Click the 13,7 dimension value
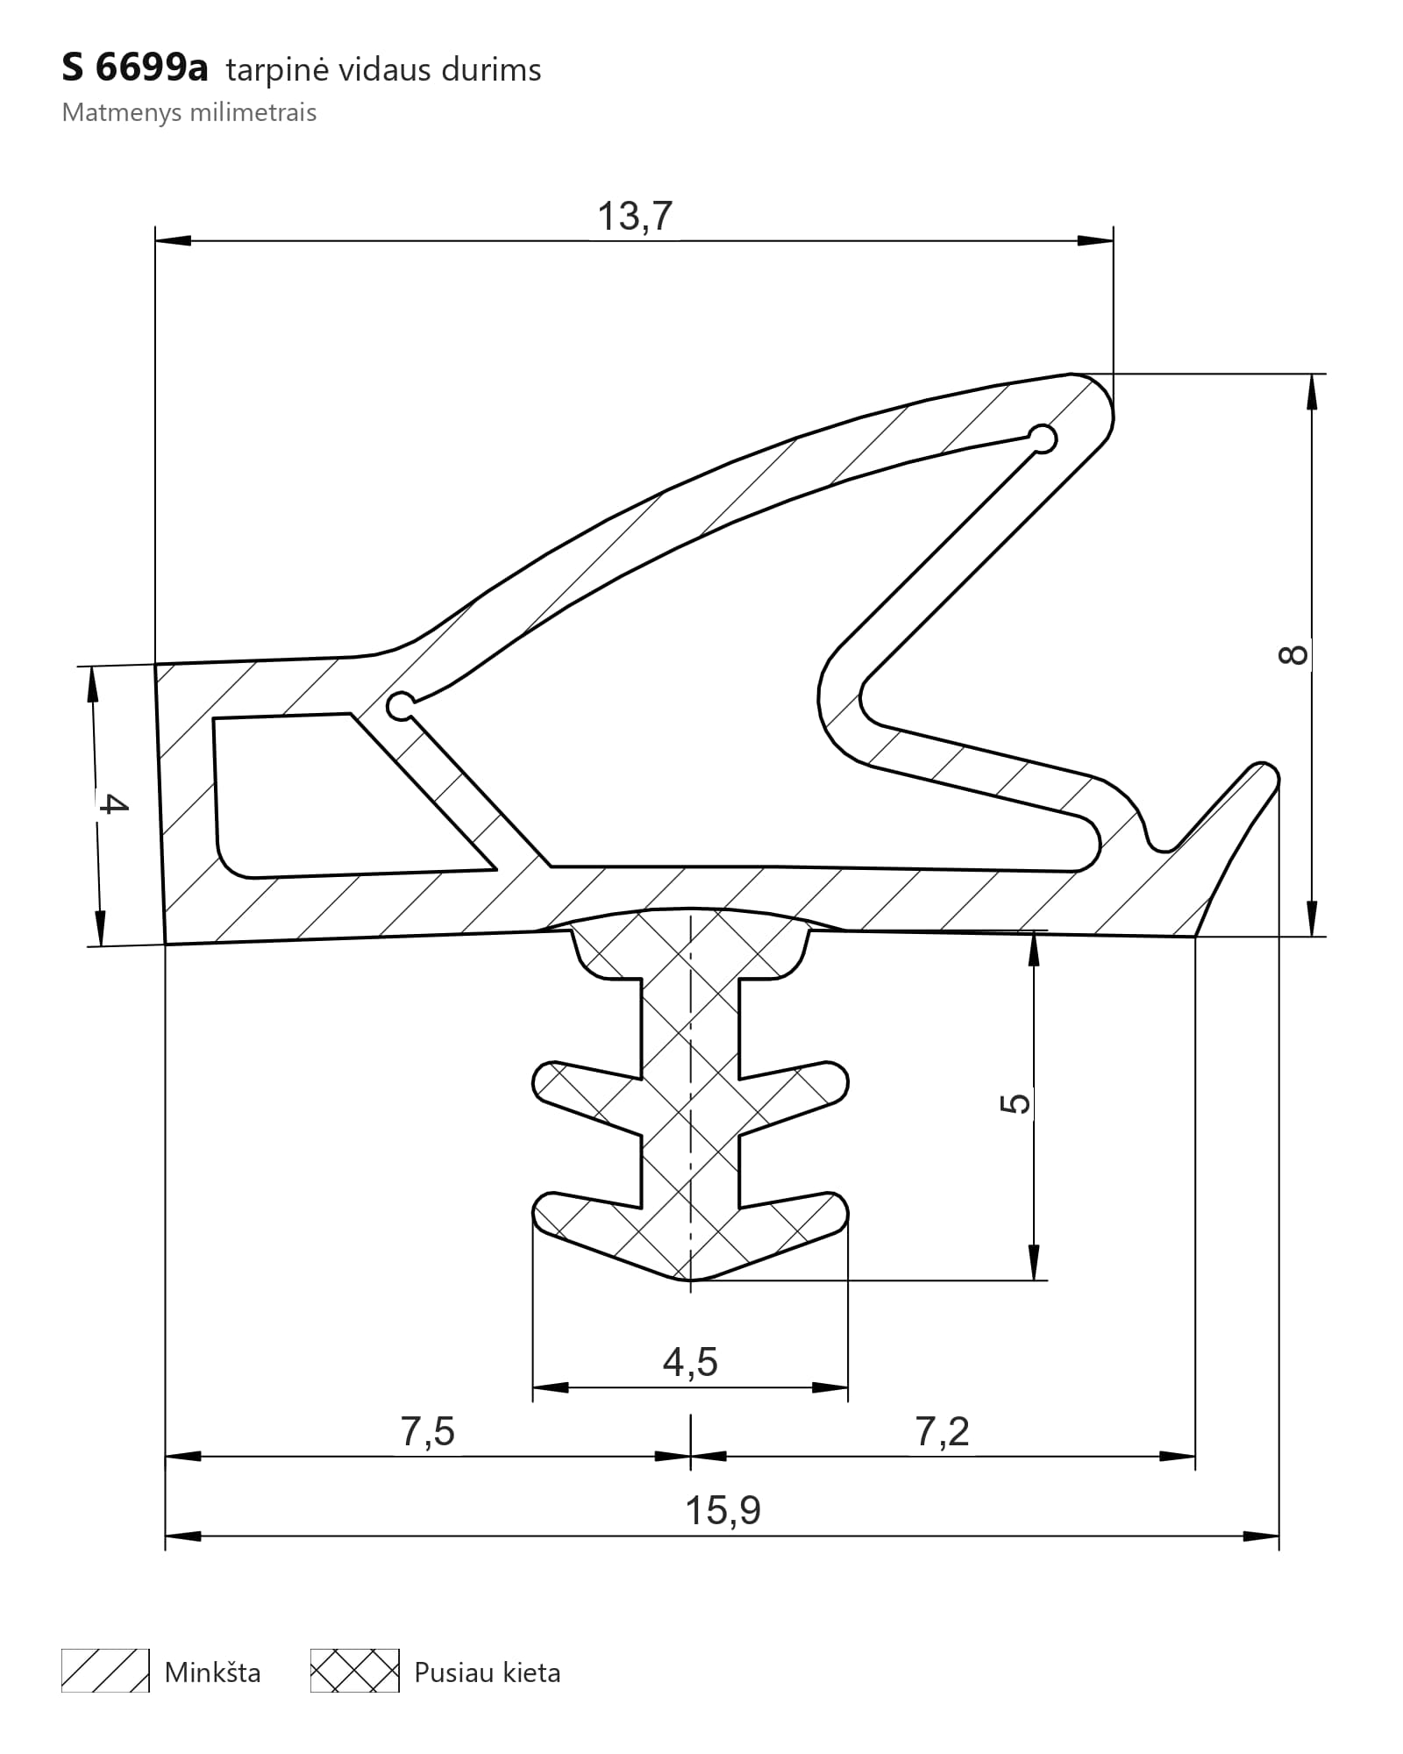635,216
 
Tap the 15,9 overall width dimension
723,1510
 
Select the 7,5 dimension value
428,1431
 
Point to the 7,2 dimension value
943,1431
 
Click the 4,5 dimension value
690,1362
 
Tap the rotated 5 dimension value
1015,1103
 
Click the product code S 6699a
135,68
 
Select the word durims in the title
491,69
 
